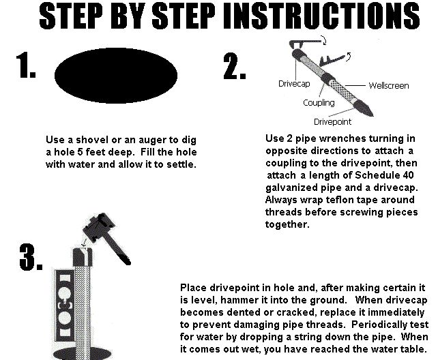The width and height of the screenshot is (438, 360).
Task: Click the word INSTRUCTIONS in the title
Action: click(322, 16)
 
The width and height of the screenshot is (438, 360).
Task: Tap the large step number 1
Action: click(26, 65)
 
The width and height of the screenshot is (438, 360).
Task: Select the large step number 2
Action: click(235, 66)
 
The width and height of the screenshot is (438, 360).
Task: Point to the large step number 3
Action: click(31, 257)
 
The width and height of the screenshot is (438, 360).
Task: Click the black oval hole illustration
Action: click(116, 76)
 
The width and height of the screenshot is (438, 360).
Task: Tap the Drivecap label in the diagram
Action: click(294, 84)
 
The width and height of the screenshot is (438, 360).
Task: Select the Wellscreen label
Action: click(389, 85)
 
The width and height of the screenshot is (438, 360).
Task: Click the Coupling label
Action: click(319, 103)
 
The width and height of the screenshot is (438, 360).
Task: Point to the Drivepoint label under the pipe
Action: click(332, 121)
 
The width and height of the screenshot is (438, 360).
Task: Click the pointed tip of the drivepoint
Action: click(373, 115)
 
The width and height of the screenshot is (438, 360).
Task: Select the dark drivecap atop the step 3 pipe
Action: click(83, 256)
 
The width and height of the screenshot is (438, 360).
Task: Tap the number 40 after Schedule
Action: click(409, 175)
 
